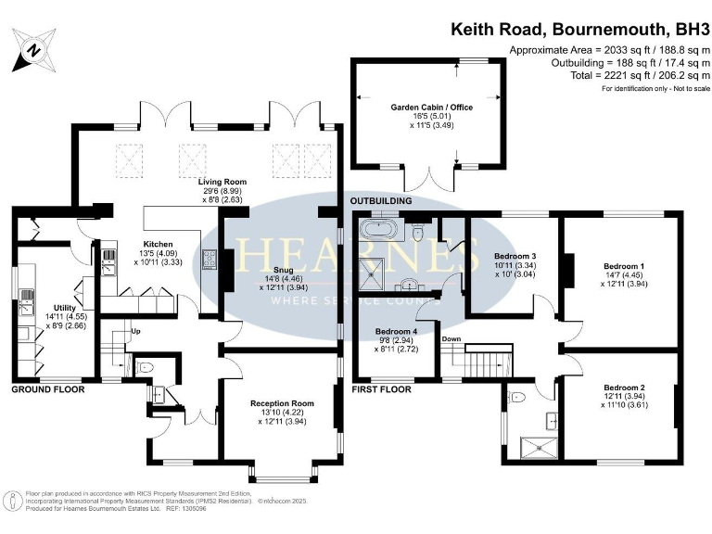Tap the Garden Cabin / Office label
[x=431, y=108]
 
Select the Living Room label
[x=221, y=182]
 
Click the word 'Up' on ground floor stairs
[x=136, y=331]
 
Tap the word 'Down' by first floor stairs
[x=451, y=338]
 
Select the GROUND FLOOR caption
[x=47, y=390]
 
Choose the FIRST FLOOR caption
[x=382, y=390]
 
